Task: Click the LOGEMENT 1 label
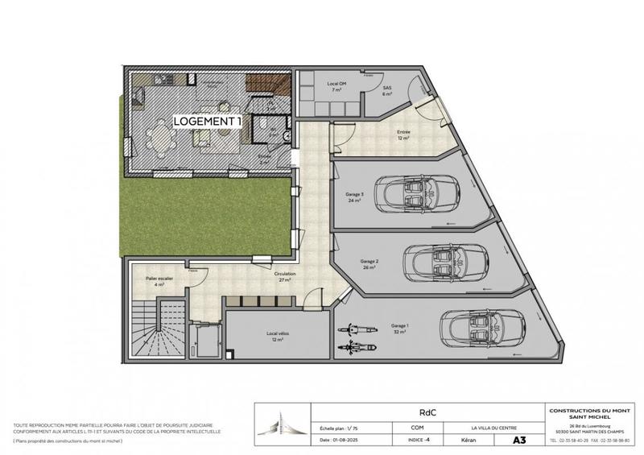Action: (208, 121)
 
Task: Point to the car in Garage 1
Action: (480, 326)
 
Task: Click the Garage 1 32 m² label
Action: (400, 328)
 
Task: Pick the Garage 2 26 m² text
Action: (369, 264)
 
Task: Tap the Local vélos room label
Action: (277, 336)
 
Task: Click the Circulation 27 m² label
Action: (286, 276)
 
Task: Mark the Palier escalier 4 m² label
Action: (150, 281)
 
